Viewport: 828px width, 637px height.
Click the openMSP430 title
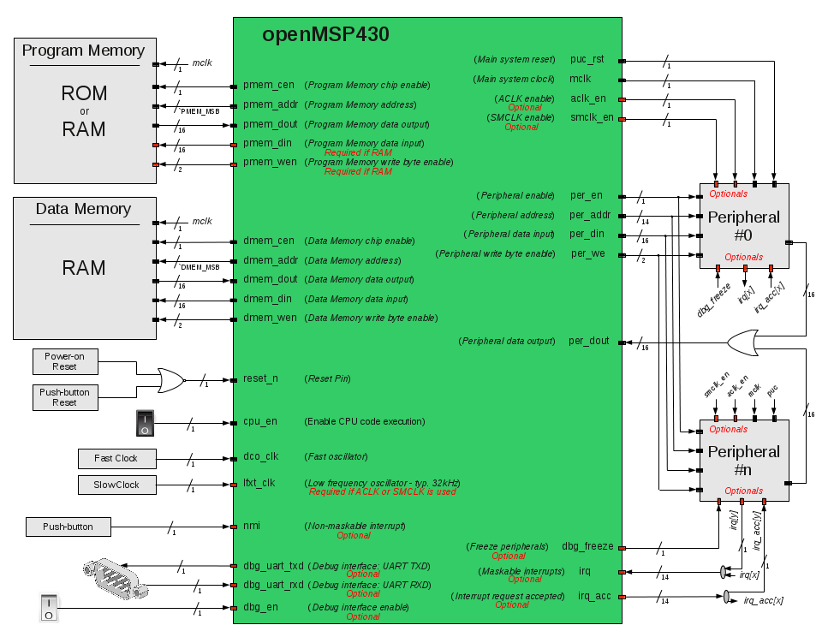pyautogui.click(x=325, y=34)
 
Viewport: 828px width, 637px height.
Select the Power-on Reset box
pyautogui.click(x=65, y=361)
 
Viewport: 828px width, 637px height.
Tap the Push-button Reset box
pyautogui.click(x=65, y=397)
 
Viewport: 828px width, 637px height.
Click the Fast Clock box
pyautogui.click(x=116, y=458)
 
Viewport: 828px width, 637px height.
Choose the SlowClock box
pyautogui.click(x=116, y=485)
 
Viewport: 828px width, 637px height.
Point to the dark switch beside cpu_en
pyautogui.click(x=145, y=423)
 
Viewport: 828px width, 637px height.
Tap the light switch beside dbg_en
pyautogui.click(x=49, y=608)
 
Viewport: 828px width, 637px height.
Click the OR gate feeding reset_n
pyautogui.click(x=171, y=380)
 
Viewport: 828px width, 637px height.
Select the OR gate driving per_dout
pyautogui.click(x=742, y=342)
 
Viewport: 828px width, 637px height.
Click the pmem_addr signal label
pyautogui.click(x=271, y=104)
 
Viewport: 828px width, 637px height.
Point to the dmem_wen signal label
pyautogui.click(x=270, y=318)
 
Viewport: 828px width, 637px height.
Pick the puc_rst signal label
pyautogui.click(x=587, y=59)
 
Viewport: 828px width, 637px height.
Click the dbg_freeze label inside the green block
pyautogui.click(x=587, y=546)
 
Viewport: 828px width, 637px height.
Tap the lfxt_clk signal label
pyautogui.click(x=259, y=483)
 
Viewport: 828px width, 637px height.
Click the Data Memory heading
pyautogui.click(x=83, y=209)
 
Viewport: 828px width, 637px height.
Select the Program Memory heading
pyautogui.click(x=83, y=51)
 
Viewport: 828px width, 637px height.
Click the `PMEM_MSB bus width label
pyautogui.click(x=199, y=111)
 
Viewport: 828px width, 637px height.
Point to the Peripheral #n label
pyautogui.click(x=743, y=461)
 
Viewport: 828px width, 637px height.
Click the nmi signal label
pyautogui.click(x=252, y=526)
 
